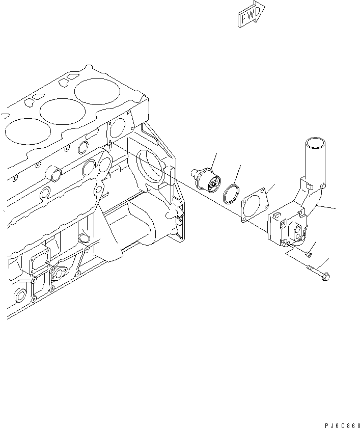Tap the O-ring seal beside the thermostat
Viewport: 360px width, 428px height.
coord(233,193)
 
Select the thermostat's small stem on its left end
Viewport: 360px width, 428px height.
coord(193,173)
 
